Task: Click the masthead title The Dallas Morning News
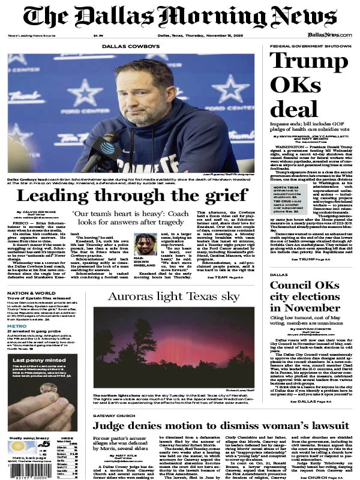[180, 17]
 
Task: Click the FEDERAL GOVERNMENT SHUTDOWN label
[310, 46]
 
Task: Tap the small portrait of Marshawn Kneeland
[145, 244]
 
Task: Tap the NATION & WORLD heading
[28, 293]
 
